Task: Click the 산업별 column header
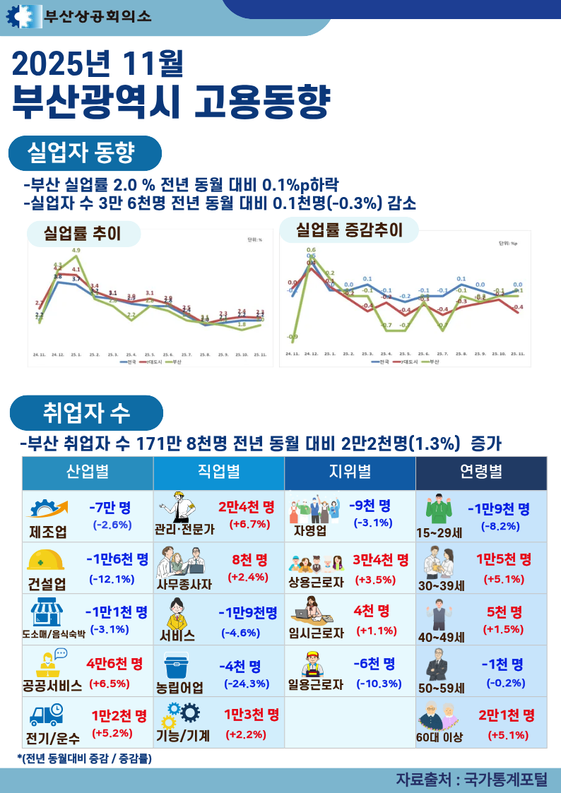(88, 472)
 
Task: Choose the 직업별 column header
(218, 472)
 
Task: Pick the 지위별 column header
(350, 472)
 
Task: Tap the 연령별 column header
(480, 472)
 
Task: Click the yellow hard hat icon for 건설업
(46, 560)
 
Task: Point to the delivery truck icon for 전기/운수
(46, 716)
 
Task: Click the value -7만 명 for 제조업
(110, 508)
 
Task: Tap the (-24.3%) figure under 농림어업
(247, 684)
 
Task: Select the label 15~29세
(439, 532)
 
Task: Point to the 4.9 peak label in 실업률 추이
(76, 251)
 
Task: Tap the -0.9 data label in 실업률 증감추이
(292, 337)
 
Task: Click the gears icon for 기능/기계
(180, 715)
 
